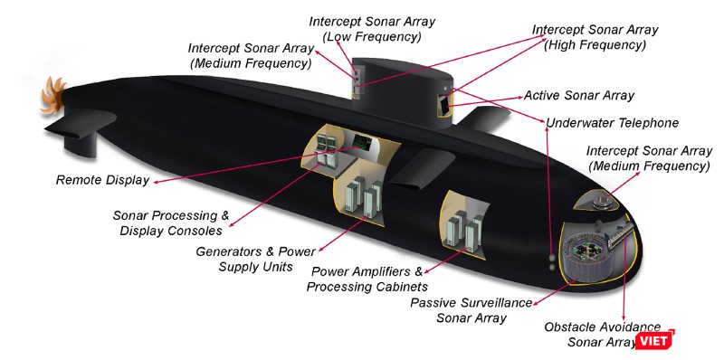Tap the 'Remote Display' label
point(101,180)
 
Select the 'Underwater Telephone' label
point(612,122)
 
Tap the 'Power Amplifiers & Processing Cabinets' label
point(366,279)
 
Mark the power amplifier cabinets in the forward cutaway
point(461,226)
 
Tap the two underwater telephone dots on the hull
point(550,261)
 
